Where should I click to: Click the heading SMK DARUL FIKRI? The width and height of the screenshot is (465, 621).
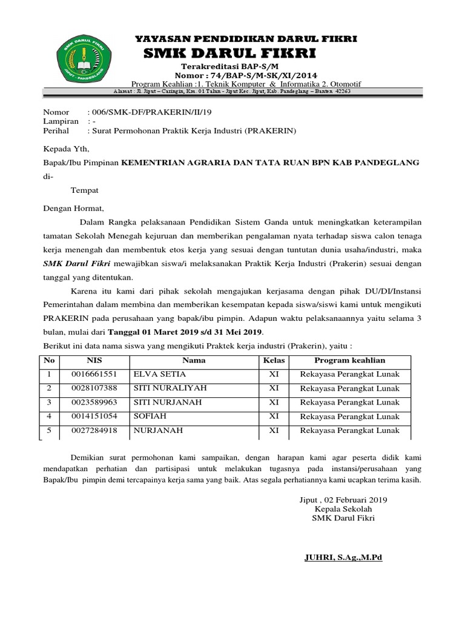click(x=229, y=53)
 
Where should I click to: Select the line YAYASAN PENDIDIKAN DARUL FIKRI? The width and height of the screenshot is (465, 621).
click(x=245, y=39)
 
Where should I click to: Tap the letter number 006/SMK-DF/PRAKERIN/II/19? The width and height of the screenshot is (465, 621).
click(x=150, y=113)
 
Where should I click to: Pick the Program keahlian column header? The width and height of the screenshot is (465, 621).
click(x=349, y=360)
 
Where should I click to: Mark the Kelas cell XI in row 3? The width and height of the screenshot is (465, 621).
click(x=274, y=402)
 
